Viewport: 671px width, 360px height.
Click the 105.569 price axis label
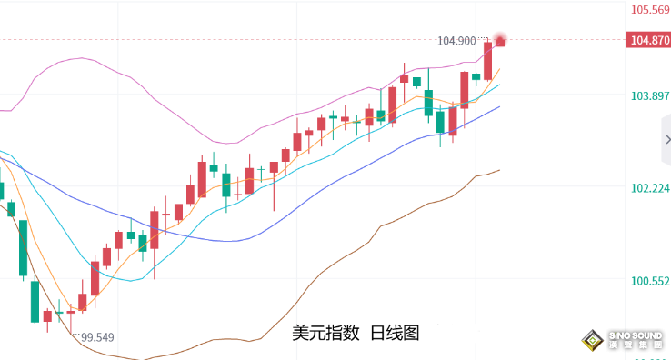pyautogui.click(x=650, y=11)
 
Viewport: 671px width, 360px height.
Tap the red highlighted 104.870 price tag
pyautogui.click(x=649, y=40)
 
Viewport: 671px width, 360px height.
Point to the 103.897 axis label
pyautogui.click(x=650, y=96)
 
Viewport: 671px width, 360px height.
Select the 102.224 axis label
pyautogui.click(x=650, y=188)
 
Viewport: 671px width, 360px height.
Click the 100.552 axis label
pyautogui.click(x=650, y=281)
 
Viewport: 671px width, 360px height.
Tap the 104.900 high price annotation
pyautogui.click(x=456, y=41)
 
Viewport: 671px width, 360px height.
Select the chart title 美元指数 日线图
pyautogui.click(x=356, y=334)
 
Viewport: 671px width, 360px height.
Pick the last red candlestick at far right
pyautogui.click(x=500, y=42)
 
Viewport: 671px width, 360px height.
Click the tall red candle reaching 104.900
pyautogui.click(x=488, y=60)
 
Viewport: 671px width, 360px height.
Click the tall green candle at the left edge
pyautogui.click(x=23, y=246)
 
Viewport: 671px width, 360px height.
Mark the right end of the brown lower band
pyautogui.click(x=498, y=170)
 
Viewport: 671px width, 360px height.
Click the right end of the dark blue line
pyautogui.click(x=498, y=106)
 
